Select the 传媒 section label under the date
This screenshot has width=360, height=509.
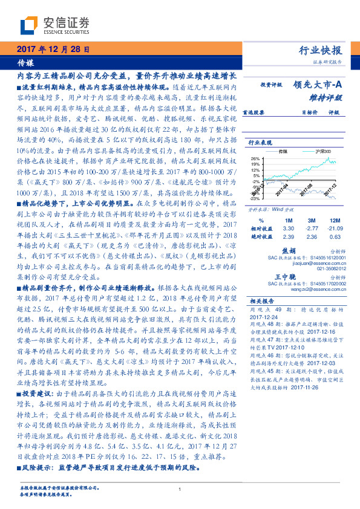[x=25, y=62]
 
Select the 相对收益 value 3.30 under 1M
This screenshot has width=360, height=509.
[x=288, y=229]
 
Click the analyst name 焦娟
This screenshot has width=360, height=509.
[x=289, y=250]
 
